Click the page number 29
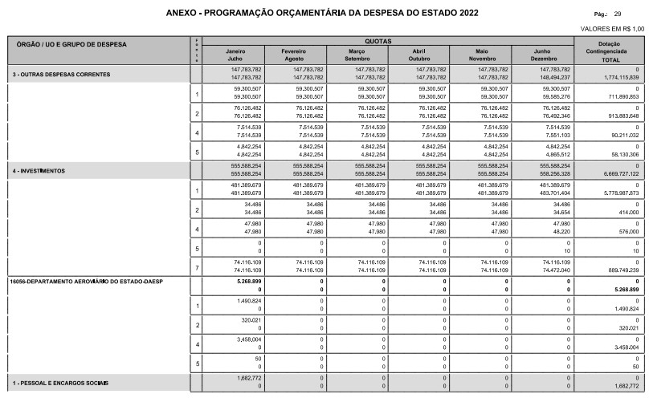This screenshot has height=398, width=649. point(617,14)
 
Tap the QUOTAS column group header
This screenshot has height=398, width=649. point(390,41)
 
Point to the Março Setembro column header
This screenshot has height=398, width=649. point(357,55)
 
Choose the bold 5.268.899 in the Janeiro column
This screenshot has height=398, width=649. point(247,282)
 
